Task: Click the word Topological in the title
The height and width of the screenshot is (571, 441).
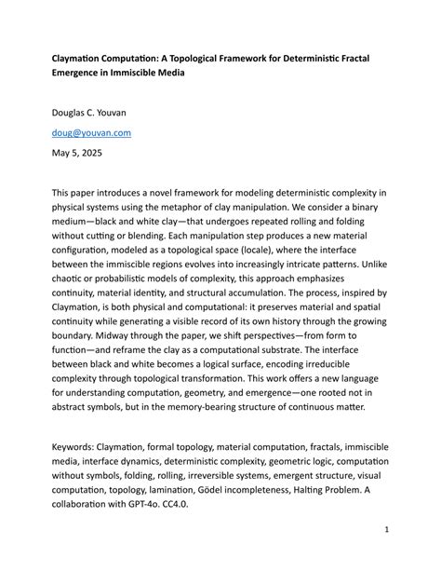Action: tap(202, 56)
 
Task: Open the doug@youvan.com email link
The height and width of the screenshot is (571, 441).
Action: tap(91, 132)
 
